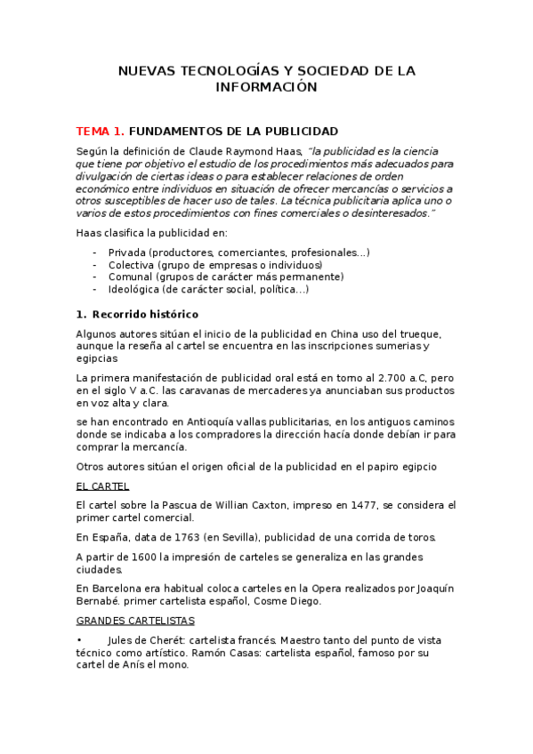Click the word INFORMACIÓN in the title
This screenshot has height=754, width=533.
(266, 87)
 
